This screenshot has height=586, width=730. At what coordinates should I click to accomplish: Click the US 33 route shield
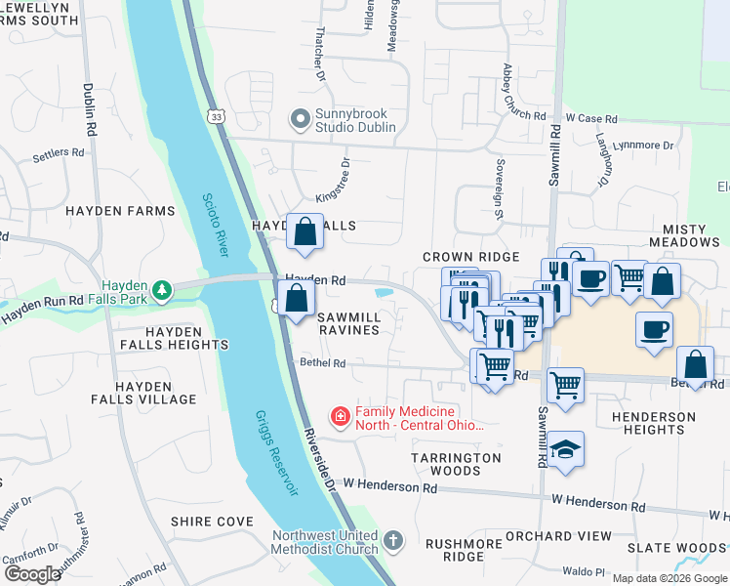[x=215, y=115]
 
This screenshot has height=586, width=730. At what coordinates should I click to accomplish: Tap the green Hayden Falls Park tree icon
[x=166, y=290]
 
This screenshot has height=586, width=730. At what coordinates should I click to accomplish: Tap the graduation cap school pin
[x=565, y=449]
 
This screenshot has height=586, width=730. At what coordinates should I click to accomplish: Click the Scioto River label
[x=215, y=224]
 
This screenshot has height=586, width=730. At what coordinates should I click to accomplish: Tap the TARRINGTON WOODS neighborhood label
[x=456, y=464]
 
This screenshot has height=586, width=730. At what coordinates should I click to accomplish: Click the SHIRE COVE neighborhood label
[x=212, y=522]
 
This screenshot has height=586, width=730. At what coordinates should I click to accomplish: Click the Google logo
[x=32, y=573]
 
